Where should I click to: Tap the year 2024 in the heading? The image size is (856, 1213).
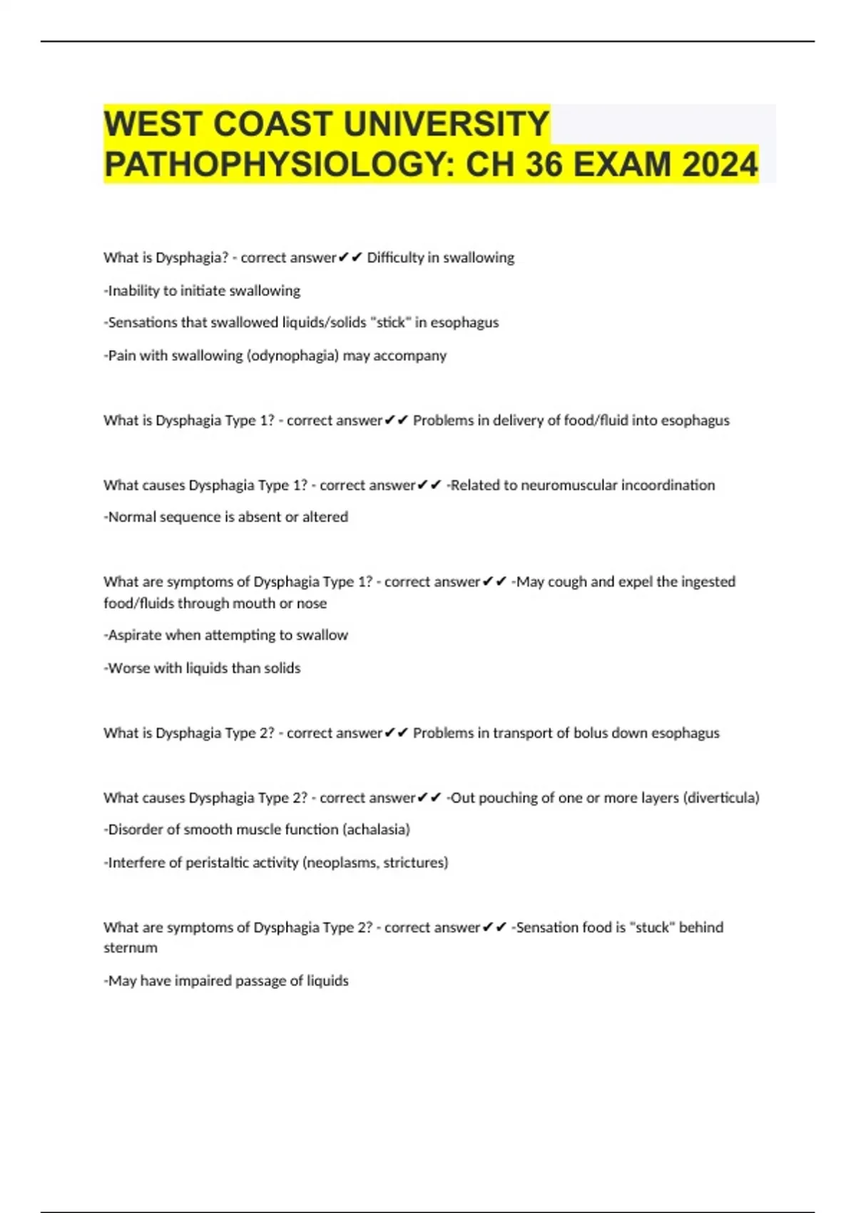coord(719,165)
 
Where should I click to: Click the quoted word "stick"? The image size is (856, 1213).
coord(390,323)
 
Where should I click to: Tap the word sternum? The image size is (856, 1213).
coord(131,948)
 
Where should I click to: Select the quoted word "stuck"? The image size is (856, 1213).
coord(651,928)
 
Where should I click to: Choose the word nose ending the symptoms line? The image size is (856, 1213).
coord(312,604)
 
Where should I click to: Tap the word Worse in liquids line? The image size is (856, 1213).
coord(126,669)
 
